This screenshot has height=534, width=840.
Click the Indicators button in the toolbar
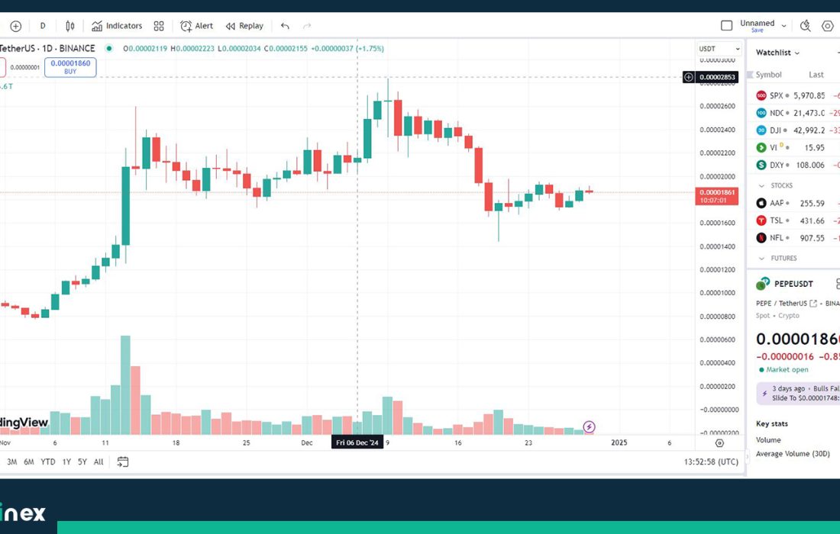point(117,26)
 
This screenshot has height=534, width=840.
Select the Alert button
point(196,26)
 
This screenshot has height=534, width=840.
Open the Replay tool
point(244,26)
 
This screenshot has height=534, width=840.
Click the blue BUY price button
point(70,67)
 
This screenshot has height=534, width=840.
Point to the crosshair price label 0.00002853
point(716,77)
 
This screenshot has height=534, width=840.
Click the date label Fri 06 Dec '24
point(357,442)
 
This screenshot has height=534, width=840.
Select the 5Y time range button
point(82,462)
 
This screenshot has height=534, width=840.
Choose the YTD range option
point(47,462)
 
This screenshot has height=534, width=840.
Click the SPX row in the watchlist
point(787,96)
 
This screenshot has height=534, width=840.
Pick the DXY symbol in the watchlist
point(787,165)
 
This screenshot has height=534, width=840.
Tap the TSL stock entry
point(787,220)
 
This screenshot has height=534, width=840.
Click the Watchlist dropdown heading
point(777,53)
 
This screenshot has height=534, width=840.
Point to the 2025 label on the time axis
point(619,442)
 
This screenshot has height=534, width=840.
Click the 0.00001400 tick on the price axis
point(716,246)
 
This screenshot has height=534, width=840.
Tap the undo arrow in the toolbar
point(285,26)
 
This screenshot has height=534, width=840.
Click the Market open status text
point(787,370)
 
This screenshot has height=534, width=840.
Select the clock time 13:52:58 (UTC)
point(711,462)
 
